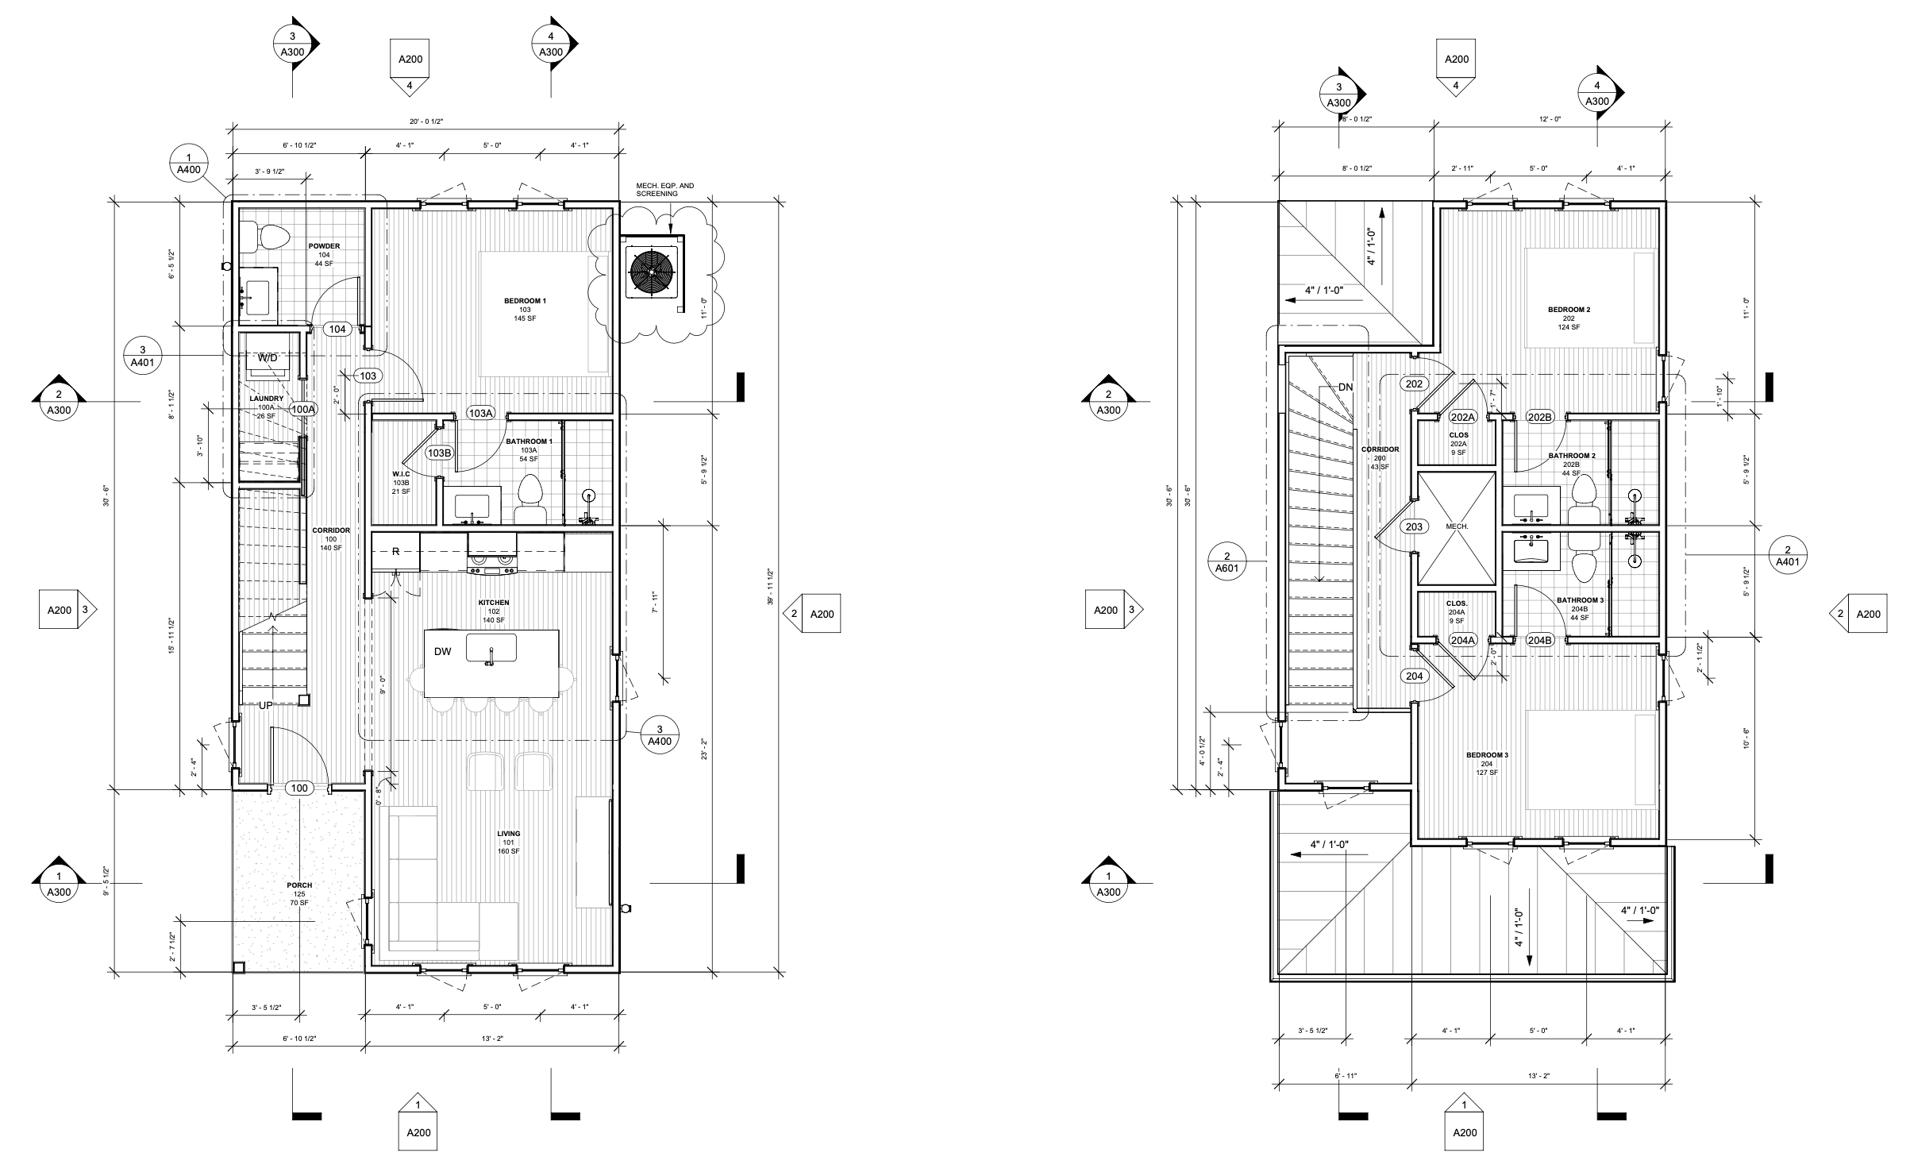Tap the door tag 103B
click(439, 453)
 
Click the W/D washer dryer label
click(268, 358)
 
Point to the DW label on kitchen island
click(442, 652)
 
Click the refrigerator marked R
click(395, 550)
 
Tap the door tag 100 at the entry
click(299, 788)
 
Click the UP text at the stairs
click(266, 705)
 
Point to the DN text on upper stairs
click(1346, 387)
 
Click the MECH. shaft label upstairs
click(1458, 526)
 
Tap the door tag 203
click(1414, 526)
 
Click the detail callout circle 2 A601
click(1227, 561)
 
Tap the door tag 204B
click(1539, 640)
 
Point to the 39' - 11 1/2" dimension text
click(769, 585)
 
